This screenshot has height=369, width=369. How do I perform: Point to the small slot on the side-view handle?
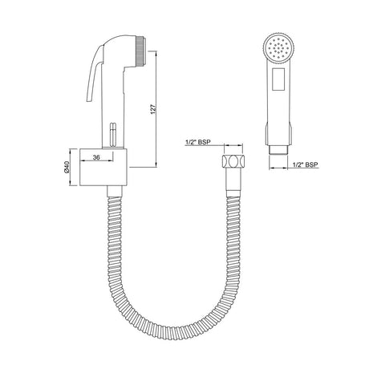coord(112,130)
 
